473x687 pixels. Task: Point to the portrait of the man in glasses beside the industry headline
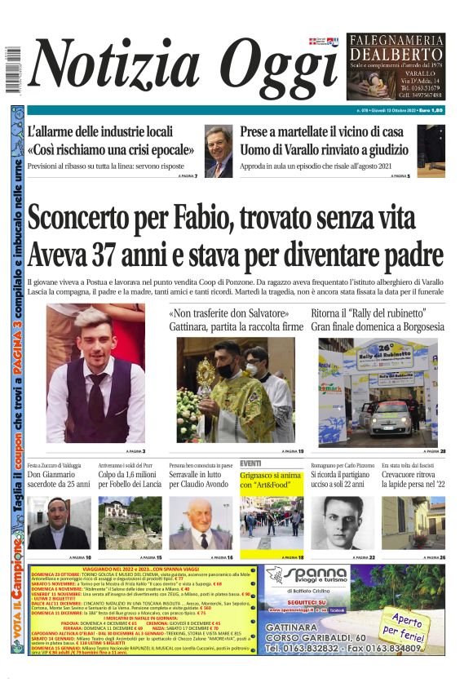tap(218, 151)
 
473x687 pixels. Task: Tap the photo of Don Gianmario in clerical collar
tap(59, 523)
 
